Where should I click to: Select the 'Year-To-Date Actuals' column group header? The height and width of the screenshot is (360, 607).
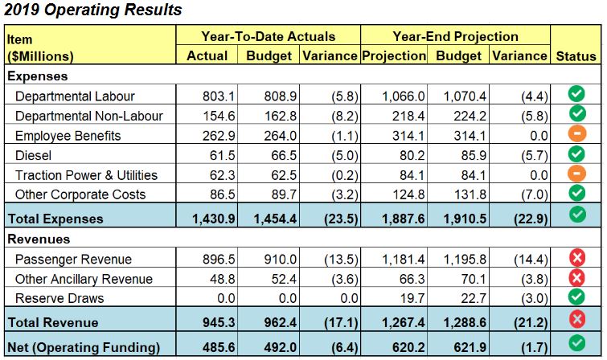pyautogui.click(x=268, y=36)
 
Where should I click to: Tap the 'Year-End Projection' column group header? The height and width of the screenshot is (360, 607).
pyautogui.click(x=455, y=36)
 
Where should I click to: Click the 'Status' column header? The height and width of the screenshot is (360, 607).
pyautogui.click(x=576, y=56)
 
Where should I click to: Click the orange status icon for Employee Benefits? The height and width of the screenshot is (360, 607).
pyautogui.click(x=576, y=134)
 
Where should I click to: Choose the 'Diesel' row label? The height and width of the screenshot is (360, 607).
pyautogui.click(x=34, y=155)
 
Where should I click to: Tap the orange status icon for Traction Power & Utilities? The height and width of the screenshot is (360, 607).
pyautogui.click(x=576, y=174)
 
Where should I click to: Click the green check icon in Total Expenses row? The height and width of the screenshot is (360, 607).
pyautogui.click(x=576, y=215)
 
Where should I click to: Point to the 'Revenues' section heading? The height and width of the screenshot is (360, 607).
pyautogui.click(x=39, y=239)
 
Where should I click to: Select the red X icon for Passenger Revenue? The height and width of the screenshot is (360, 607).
pyautogui.click(x=576, y=259)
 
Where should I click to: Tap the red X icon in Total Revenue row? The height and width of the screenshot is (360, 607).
pyautogui.click(x=576, y=321)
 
